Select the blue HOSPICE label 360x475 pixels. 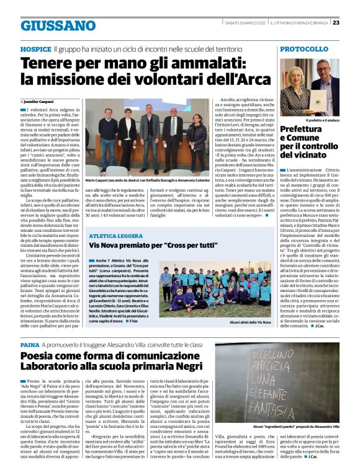(35, 48)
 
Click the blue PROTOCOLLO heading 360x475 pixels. (308, 48)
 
